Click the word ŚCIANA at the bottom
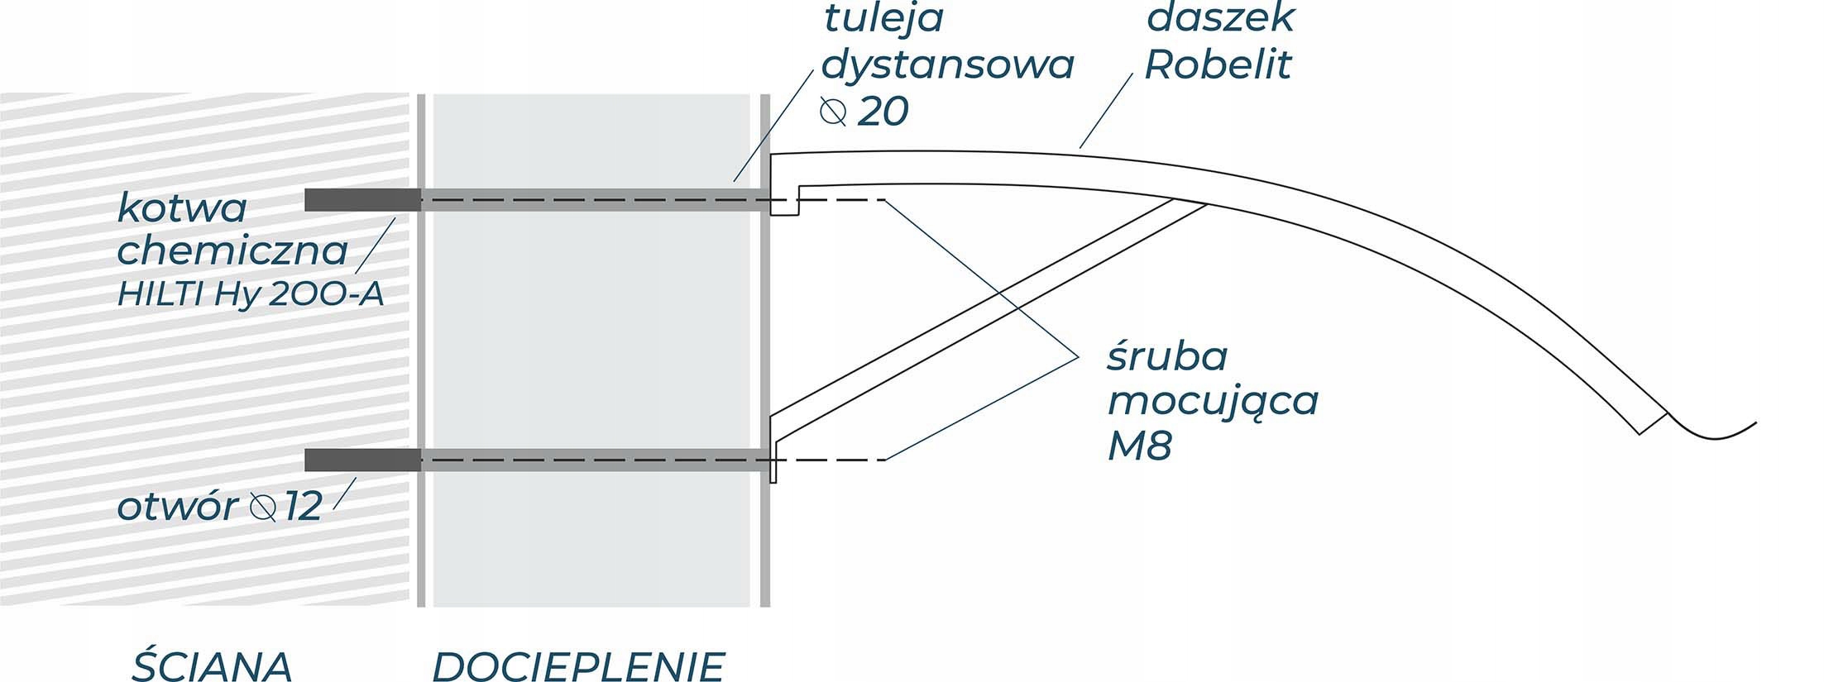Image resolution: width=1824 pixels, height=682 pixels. click(x=212, y=665)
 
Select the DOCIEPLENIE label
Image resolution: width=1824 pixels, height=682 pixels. click(x=578, y=665)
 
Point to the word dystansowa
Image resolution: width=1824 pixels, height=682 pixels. click(x=948, y=64)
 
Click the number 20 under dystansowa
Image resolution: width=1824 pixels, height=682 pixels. click(x=883, y=112)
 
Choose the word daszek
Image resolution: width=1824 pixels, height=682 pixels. click(x=1220, y=18)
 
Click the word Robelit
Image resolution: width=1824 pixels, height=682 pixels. click(x=1218, y=64)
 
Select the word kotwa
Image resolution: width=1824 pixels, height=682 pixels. click(x=182, y=207)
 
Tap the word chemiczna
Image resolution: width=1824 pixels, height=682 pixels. click(x=232, y=250)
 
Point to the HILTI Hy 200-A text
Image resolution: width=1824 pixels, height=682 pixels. click(x=251, y=294)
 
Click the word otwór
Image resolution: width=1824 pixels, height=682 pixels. click(x=177, y=506)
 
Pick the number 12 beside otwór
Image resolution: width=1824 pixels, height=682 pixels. click(x=303, y=506)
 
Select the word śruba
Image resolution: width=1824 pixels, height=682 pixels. click(x=1167, y=357)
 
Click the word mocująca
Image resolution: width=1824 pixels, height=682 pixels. click(x=1213, y=402)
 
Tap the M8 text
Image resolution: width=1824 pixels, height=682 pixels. click(x=1140, y=447)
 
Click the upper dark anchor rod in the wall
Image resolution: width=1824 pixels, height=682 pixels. click(x=362, y=200)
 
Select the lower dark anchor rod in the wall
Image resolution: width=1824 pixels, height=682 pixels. click(x=362, y=460)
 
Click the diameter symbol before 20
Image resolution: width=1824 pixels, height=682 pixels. click(x=833, y=112)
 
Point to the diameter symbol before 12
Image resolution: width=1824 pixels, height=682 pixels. click(x=263, y=506)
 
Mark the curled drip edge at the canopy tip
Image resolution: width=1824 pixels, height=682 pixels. click(x=1712, y=430)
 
